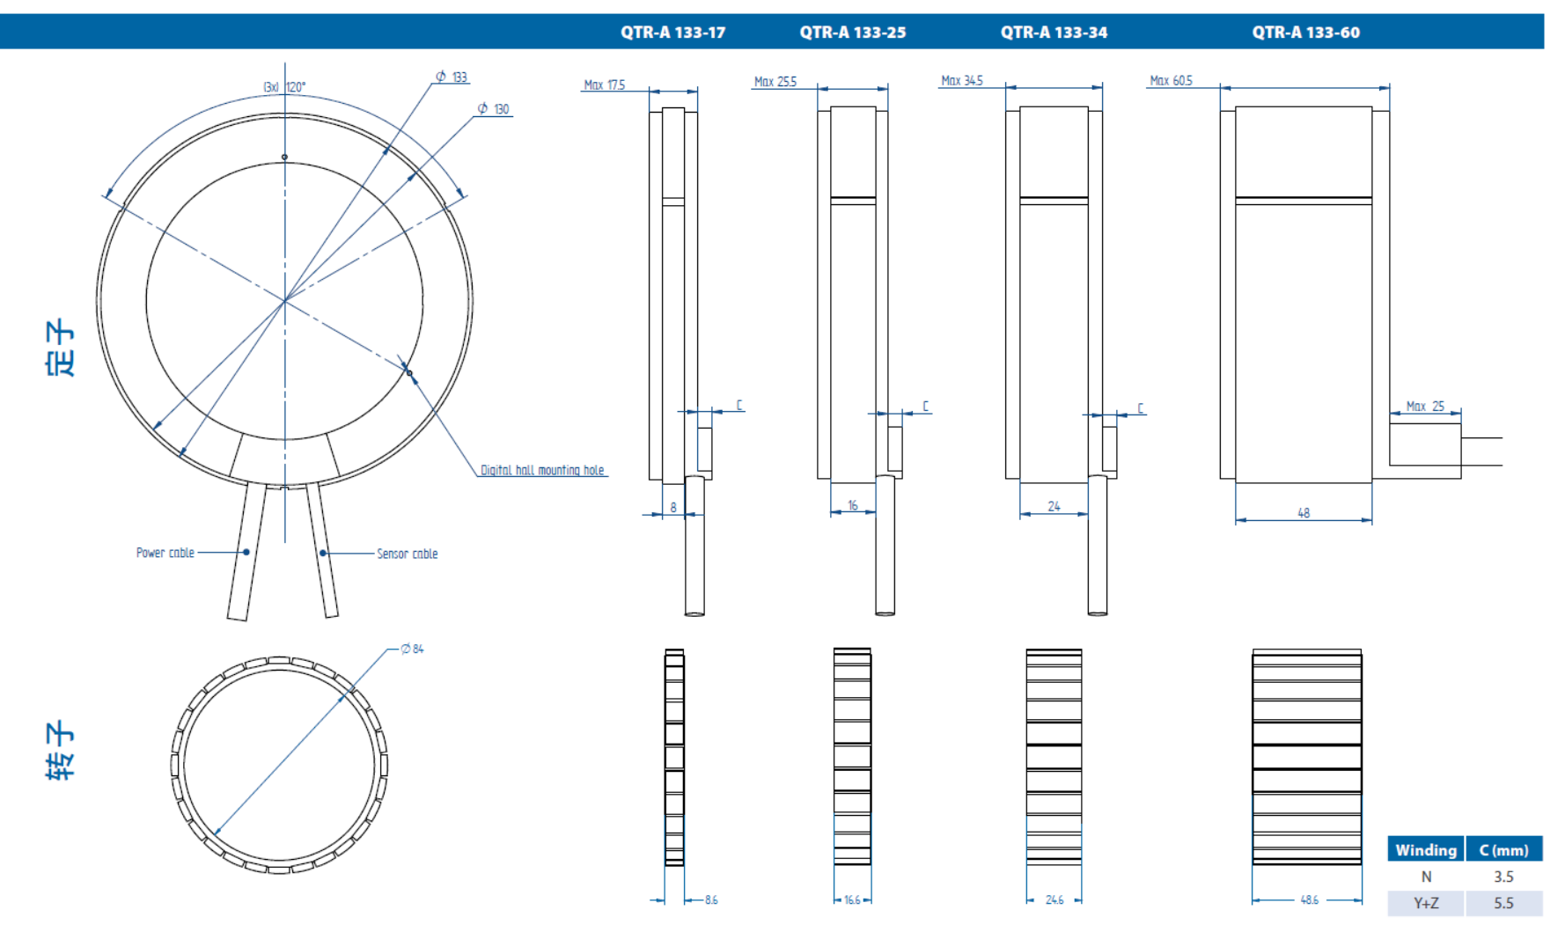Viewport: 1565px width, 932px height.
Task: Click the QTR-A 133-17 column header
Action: [x=672, y=33]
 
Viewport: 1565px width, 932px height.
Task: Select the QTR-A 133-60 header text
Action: [x=1305, y=33]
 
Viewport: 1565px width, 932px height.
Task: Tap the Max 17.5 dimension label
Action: [x=604, y=85]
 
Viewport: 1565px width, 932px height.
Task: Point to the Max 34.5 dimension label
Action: [x=961, y=81]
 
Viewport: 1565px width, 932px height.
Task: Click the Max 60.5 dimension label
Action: [x=1171, y=81]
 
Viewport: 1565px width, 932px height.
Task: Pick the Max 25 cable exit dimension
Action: [x=1425, y=407]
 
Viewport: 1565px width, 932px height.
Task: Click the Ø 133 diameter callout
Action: [x=452, y=77]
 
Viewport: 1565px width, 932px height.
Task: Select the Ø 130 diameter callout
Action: [x=494, y=109]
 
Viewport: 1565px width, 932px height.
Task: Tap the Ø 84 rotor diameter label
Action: [x=412, y=649]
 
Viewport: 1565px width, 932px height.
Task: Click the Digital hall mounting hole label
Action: [x=542, y=470]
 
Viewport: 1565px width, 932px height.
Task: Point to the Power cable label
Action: [x=165, y=553]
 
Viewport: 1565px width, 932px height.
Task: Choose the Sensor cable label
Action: [x=407, y=554]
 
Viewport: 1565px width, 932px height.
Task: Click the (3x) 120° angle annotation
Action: [x=284, y=87]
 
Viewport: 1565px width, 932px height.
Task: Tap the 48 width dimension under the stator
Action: [x=1304, y=512]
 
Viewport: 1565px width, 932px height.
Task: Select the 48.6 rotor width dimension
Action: [x=1309, y=900]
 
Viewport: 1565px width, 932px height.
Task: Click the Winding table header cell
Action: [x=1425, y=850]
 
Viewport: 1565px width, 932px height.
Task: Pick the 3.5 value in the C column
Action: [x=1503, y=877]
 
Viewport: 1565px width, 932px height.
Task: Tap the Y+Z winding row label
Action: [x=1426, y=903]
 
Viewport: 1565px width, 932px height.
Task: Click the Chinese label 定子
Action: [x=60, y=349]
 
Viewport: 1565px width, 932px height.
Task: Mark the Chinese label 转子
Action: [x=60, y=751]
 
